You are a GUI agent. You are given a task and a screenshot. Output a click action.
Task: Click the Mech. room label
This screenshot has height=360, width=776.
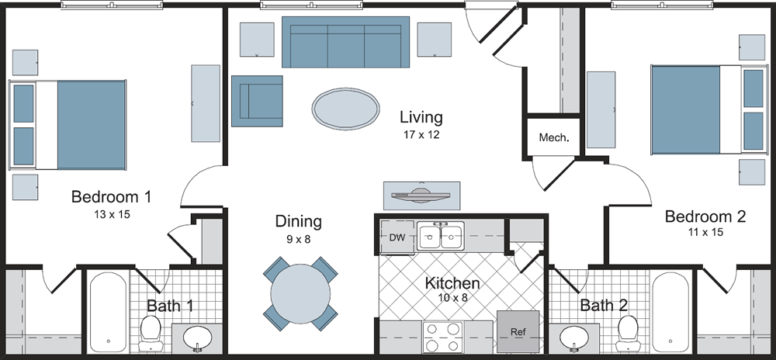pyautogui.click(x=554, y=139)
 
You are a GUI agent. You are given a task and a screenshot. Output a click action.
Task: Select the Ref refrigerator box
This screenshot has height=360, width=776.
pyautogui.click(x=518, y=331)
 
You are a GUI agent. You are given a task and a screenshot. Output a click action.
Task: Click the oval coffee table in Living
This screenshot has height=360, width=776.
pyautogui.click(x=346, y=108)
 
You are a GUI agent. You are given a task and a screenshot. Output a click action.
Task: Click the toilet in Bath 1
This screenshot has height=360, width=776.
pyautogui.click(x=150, y=333)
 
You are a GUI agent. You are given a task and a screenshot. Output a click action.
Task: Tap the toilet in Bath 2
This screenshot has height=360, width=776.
pyautogui.click(x=626, y=333)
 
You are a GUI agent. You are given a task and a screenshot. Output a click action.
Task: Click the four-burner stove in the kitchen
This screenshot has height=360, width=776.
pyautogui.click(x=442, y=338)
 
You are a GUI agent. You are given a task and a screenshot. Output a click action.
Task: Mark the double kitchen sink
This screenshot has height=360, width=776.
pyautogui.click(x=441, y=236)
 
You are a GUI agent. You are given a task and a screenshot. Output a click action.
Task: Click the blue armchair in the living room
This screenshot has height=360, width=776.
pyautogui.click(x=257, y=101)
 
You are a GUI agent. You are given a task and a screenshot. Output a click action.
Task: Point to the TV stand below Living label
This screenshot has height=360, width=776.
pyautogui.click(x=422, y=195)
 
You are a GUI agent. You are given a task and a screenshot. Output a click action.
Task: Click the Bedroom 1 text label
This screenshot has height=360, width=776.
pyautogui.click(x=111, y=197)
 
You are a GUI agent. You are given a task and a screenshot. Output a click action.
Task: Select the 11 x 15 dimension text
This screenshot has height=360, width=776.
pyautogui.click(x=705, y=232)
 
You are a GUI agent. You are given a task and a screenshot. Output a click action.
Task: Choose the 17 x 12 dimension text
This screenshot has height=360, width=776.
pyautogui.click(x=421, y=135)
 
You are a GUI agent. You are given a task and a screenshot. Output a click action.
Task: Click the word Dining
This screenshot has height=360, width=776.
pyautogui.click(x=298, y=222)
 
